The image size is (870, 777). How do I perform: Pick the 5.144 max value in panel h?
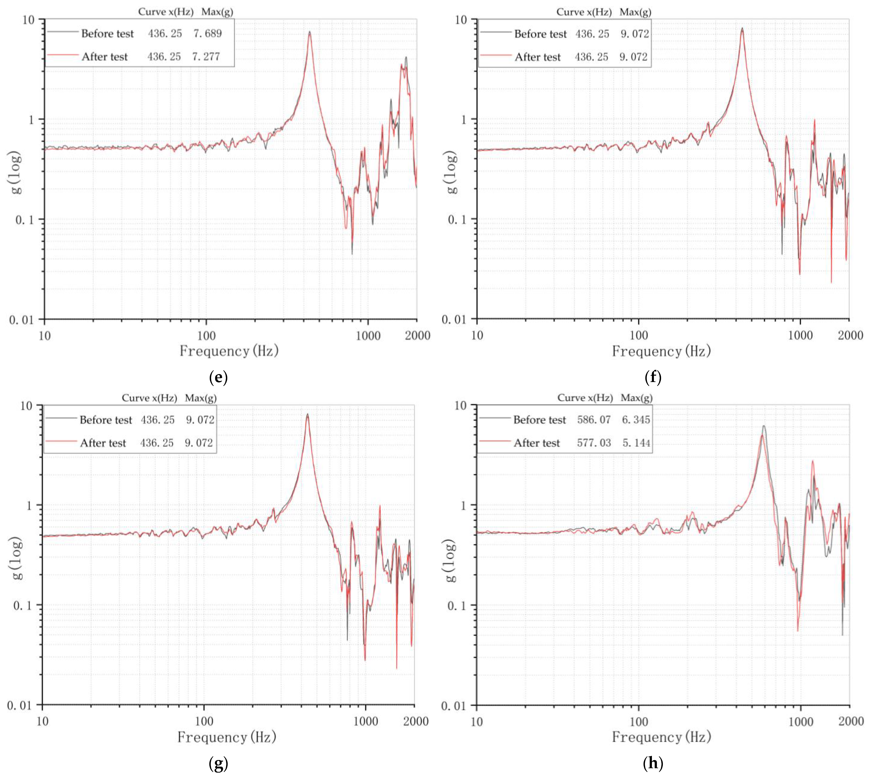[x=636, y=443]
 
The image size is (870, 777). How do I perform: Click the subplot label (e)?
[x=218, y=377]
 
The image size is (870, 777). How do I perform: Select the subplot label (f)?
[x=653, y=377]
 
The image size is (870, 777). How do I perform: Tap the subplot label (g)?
[x=218, y=763]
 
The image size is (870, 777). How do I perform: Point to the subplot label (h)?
[x=653, y=763]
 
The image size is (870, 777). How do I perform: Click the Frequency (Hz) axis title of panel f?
[x=661, y=351]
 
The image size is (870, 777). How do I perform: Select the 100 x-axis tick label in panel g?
[x=204, y=722]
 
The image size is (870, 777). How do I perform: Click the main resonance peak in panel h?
[x=764, y=426]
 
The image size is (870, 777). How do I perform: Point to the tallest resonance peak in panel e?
[x=310, y=32]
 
